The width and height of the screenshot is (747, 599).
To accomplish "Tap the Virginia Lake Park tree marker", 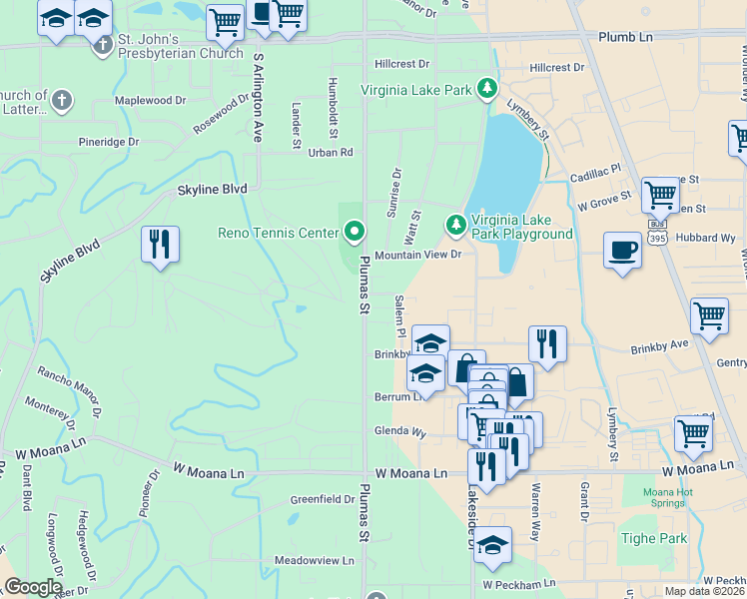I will [x=487, y=90].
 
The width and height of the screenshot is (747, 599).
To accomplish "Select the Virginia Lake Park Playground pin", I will [x=456, y=226].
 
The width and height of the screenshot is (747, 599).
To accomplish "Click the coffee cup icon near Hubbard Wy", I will [x=622, y=251].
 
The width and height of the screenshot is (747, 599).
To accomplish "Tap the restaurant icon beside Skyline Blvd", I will [x=160, y=245].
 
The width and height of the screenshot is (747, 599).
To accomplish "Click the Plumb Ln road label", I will [x=625, y=37].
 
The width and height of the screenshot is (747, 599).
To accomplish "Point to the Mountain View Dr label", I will [x=417, y=256].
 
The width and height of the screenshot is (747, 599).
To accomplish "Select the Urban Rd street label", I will [x=331, y=153].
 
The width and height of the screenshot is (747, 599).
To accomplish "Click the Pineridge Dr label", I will [x=109, y=143].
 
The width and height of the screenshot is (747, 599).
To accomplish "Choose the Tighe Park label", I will [x=659, y=539].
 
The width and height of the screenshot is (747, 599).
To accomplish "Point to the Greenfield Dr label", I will [x=323, y=499].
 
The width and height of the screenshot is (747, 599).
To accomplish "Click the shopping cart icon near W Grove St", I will [x=660, y=196].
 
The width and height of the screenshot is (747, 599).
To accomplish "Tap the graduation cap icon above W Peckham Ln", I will [x=492, y=545].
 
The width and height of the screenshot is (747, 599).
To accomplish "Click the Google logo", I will [x=32, y=587].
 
